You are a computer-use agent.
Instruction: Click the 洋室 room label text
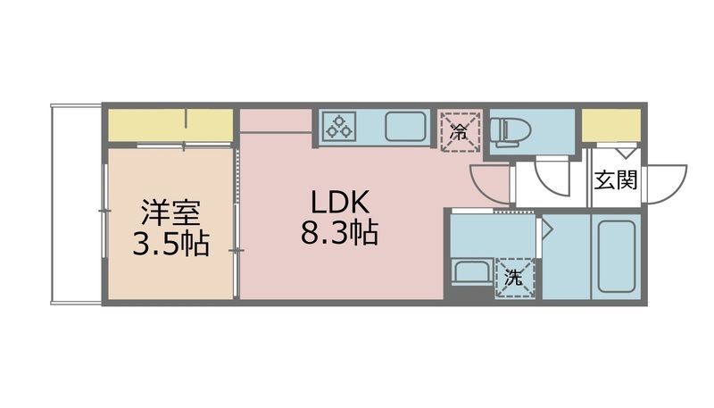pos(170,213)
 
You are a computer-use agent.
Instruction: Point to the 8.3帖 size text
pos(338,234)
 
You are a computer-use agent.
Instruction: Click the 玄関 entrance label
pos(616,180)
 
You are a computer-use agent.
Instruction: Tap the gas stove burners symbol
pos(339,126)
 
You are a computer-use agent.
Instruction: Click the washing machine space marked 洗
pos(515,278)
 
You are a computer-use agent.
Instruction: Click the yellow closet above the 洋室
pos(170,124)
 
